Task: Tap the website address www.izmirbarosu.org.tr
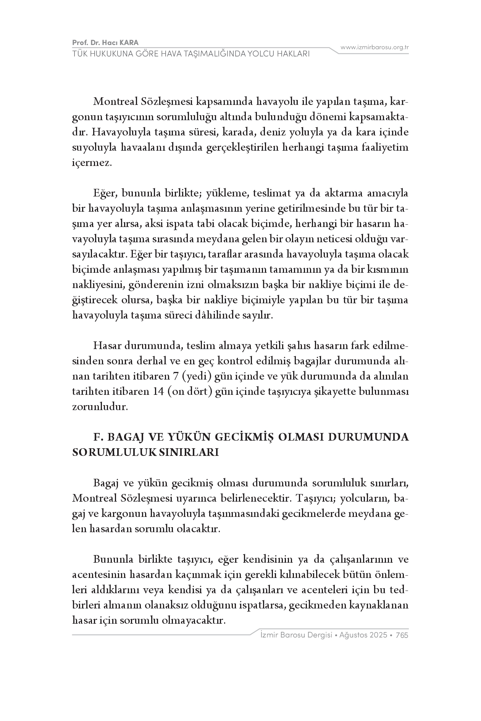(374, 47)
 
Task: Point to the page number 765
(402, 635)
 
